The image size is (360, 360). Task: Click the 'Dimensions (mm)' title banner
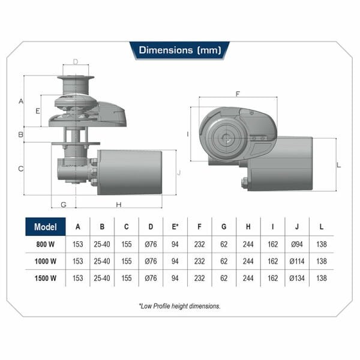click(179, 50)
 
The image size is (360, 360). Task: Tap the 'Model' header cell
click(46, 227)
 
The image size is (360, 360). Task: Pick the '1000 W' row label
click(46, 261)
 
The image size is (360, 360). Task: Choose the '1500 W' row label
click(46, 278)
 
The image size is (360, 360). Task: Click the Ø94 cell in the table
click(297, 244)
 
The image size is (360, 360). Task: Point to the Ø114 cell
click(297, 261)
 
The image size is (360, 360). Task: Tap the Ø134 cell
click(297, 278)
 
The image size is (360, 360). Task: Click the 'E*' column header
click(175, 227)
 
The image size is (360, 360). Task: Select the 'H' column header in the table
click(248, 227)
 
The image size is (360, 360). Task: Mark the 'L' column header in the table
click(322, 227)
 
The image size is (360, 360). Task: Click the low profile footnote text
click(179, 306)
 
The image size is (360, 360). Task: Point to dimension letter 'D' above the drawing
click(76, 61)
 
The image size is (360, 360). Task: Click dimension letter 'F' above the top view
click(238, 94)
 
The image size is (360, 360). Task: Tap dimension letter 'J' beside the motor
click(179, 173)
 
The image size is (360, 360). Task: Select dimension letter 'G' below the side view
click(64, 205)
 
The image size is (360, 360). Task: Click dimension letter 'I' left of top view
click(188, 134)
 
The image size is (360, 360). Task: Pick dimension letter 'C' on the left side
click(21, 169)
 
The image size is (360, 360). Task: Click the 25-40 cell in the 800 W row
click(102, 244)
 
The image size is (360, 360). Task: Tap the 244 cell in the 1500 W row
click(248, 278)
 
